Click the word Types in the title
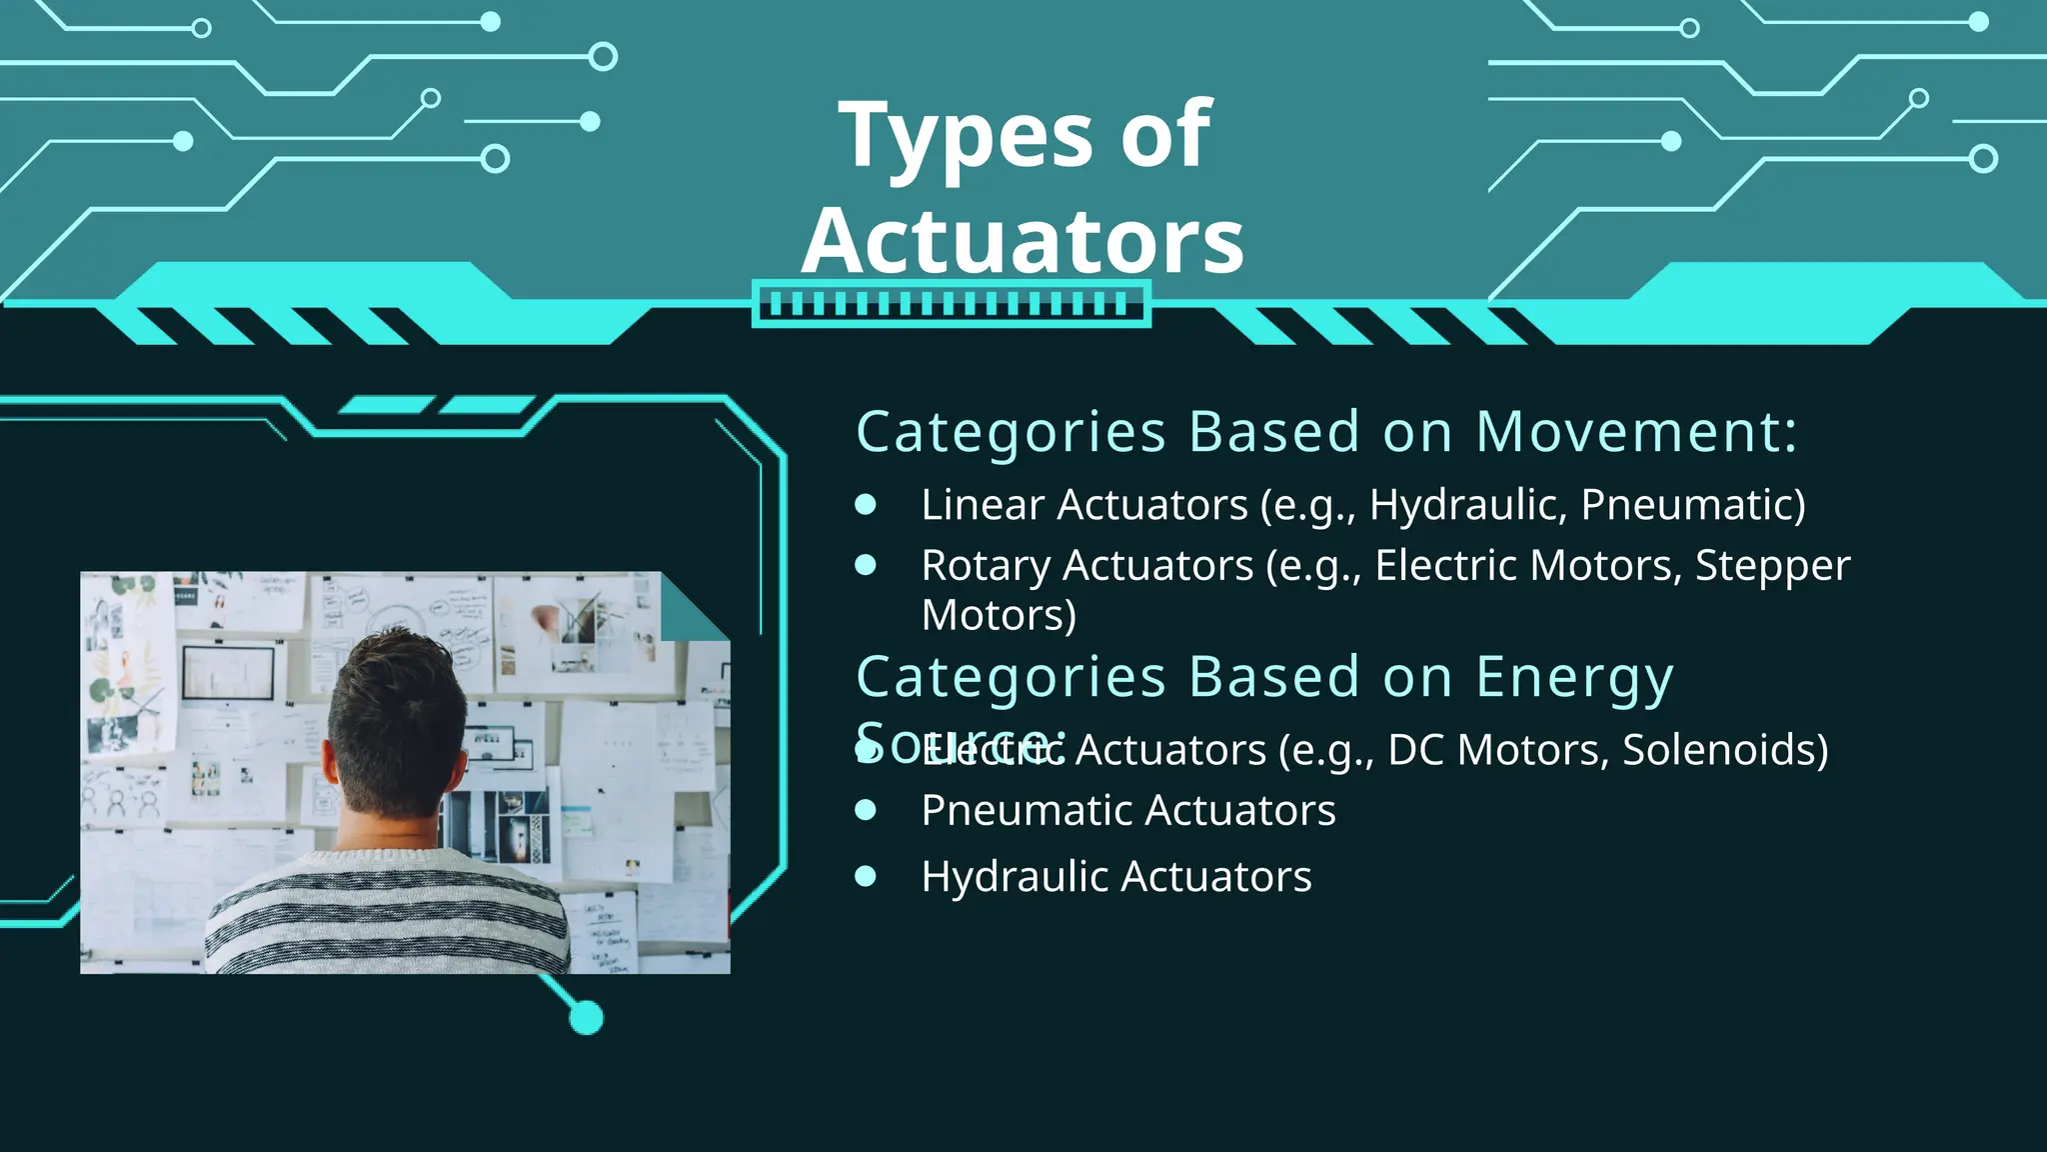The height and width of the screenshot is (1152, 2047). click(x=966, y=136)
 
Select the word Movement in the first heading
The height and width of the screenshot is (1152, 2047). click(x=1635, y=432)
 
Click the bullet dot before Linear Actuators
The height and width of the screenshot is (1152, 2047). click(x=866, y=505)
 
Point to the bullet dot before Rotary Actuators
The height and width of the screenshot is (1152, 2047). click(x=866, y=566)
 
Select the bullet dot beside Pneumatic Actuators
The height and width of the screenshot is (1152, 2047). click(x=866, y=810)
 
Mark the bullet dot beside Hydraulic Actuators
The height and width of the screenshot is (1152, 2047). click(x=866, y=877)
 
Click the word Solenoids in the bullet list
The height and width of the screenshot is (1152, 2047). click(x=1724, y=750)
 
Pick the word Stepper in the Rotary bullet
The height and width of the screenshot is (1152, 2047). click(x=1772, y=566)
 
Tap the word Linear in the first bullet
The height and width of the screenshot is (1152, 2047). click(x=983, y=505)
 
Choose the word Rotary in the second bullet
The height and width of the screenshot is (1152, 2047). click(x=986, y=566)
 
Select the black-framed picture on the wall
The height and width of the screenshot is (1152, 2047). click(x=228, y=673)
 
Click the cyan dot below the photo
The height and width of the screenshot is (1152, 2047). click(x=587, y=1018)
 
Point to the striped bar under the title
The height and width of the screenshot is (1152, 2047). click(x=951, y=304)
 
